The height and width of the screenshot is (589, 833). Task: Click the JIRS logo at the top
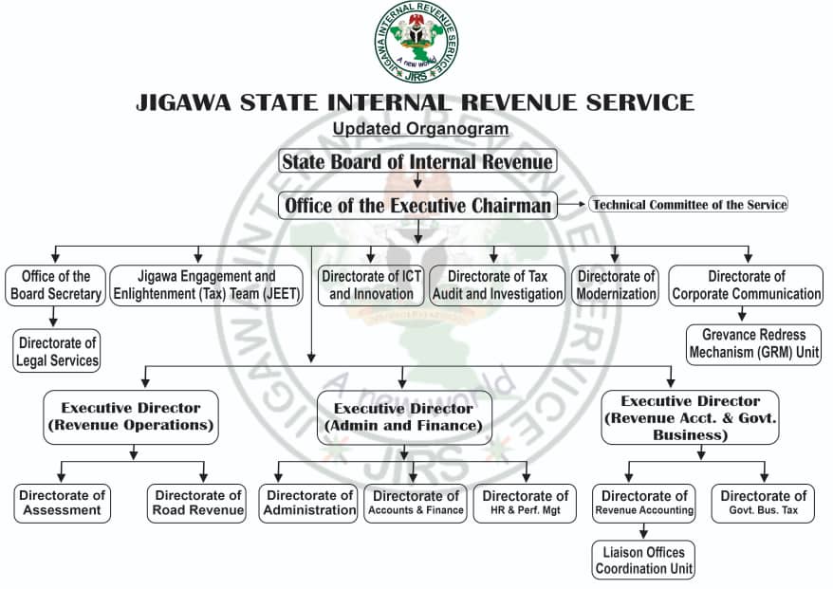click(x=416, y=41)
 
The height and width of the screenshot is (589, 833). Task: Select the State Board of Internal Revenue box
click(x=416, y=161)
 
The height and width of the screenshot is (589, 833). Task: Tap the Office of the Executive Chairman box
click(x=417, y=205)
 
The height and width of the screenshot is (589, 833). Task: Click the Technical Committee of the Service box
click(x=689, y=205)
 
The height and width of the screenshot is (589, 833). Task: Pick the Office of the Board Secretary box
click(x=55, y=285)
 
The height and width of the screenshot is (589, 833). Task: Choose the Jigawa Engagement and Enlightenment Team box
click(x=207, y=285)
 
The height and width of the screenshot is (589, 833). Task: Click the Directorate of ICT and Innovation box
click(x=371, y=285)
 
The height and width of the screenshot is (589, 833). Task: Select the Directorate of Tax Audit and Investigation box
click(x=497, y=285)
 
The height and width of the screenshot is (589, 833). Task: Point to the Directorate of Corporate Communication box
click(x=747, y=285)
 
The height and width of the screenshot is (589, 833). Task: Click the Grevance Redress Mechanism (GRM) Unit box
click(x=754, y=343)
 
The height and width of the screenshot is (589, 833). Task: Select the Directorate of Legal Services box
click(x=57, y=350)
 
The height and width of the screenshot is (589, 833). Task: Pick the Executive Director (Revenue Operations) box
click(x=131, y=416)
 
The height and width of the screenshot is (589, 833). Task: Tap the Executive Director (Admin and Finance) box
click(x=403, y=416)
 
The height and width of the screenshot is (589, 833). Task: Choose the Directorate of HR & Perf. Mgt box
click(x=526, y=503)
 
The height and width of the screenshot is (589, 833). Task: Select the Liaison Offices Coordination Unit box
click(x=644, y=560)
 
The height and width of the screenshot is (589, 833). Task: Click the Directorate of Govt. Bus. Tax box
click(x=764, y=503)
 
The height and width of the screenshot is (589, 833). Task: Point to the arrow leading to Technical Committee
click(x=572, y=205)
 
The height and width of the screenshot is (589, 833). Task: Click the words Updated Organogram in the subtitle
click(x=420, y=128)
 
